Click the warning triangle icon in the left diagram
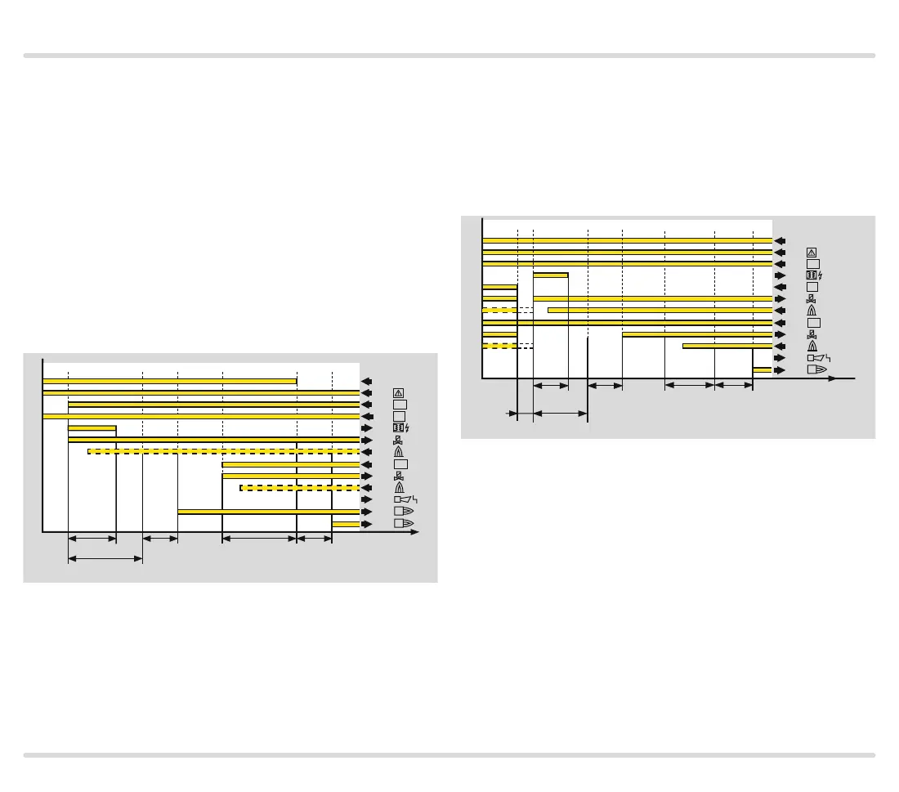(399, 392)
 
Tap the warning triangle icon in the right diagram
(812, 252)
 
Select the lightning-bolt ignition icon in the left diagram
(400, 427)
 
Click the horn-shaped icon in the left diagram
(403, 499)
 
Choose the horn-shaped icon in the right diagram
(817, 358)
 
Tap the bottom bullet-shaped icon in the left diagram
(403, 523)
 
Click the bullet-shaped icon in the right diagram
(816, 370)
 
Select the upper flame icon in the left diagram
(399, 452)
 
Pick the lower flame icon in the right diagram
(812, 347)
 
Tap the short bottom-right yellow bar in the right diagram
(763, 370)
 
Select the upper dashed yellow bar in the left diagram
(223, 451)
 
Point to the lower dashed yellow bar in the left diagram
(299, 488)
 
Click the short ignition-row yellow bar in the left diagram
(92, 427)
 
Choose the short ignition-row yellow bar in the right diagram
(550, 275)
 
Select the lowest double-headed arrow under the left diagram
(105, 559)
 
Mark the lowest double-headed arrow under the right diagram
(560, 414)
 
